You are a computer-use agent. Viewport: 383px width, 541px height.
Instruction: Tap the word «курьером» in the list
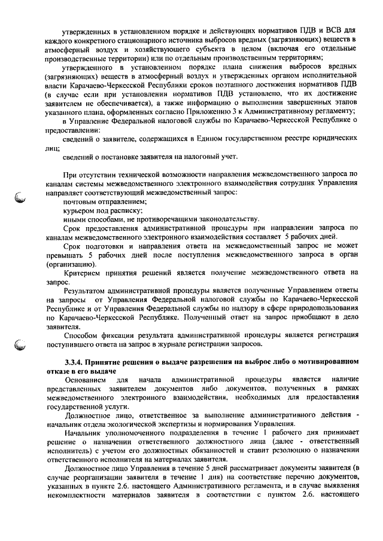click(x=79, y=210)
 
